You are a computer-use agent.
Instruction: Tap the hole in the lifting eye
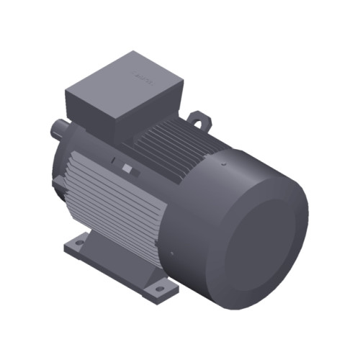(196, 116)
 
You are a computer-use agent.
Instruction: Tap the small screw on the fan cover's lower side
(173, 253)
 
